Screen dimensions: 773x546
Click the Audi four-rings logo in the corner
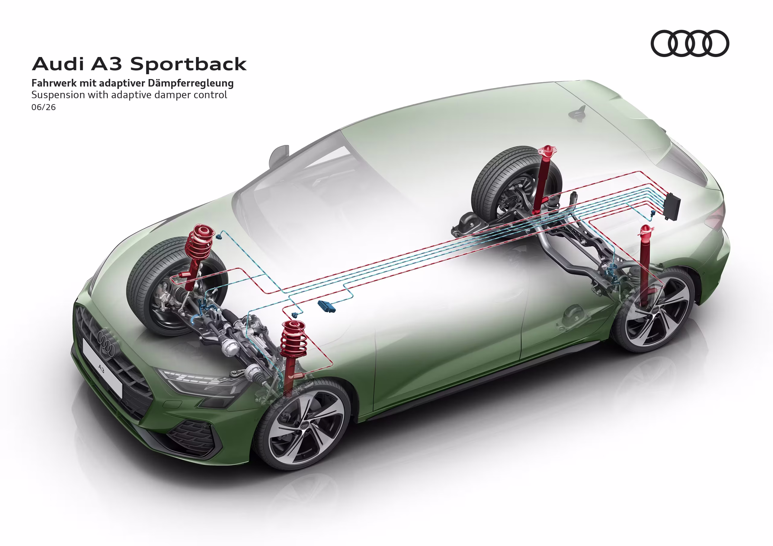690,43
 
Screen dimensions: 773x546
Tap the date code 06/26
43,107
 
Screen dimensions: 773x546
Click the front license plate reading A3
102,367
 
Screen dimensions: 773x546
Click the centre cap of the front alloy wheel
304,426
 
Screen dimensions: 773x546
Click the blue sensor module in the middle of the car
327,306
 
